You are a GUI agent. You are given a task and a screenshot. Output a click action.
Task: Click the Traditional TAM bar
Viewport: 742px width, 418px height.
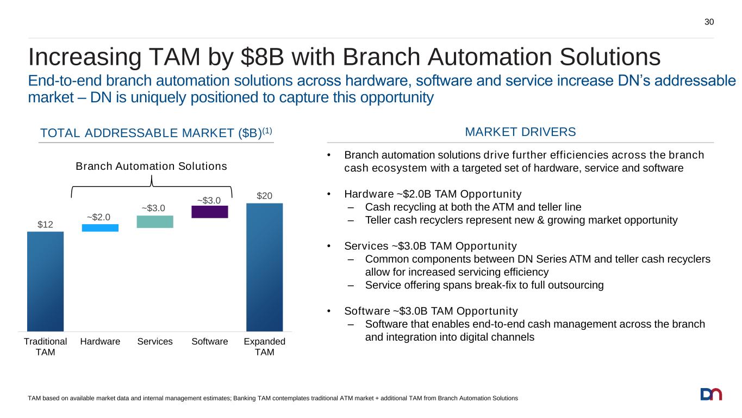tap(45, 281)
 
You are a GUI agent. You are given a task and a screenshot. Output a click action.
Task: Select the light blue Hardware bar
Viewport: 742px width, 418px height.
tap(100, 228)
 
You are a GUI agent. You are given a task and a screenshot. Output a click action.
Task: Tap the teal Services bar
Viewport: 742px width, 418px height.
tap(155, 222)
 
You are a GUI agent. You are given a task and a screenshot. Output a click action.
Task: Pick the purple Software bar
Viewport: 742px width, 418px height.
tap(209, 212)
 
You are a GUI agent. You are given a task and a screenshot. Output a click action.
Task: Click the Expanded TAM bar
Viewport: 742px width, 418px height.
tap(264, 267)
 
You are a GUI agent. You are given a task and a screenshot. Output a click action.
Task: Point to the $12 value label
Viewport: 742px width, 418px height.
tap(45, 224)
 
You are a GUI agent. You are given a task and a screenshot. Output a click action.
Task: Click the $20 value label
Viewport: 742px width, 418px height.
tap(264, 195)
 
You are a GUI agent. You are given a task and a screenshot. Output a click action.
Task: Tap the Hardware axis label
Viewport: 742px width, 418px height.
tap(100, 342)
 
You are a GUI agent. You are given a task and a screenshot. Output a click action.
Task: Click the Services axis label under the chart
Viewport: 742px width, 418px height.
tap(155, 342)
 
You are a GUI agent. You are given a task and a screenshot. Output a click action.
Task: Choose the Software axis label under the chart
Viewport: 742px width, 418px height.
tap(210, 342)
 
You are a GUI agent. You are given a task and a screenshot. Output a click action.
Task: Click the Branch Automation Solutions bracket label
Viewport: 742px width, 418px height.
tap(151, 167)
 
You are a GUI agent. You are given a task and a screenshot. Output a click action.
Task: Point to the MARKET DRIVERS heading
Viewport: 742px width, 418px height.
tap(520, 132)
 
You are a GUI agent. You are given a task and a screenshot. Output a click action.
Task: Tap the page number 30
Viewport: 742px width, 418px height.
tap(709, 22)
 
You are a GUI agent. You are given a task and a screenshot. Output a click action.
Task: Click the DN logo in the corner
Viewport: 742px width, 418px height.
tap(711, 394)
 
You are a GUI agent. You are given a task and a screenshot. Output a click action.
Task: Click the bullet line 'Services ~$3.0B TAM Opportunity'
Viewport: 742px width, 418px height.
tap(431, 246)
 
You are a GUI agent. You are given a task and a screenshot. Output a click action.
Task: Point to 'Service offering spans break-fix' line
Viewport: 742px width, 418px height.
tap(484, 285)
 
